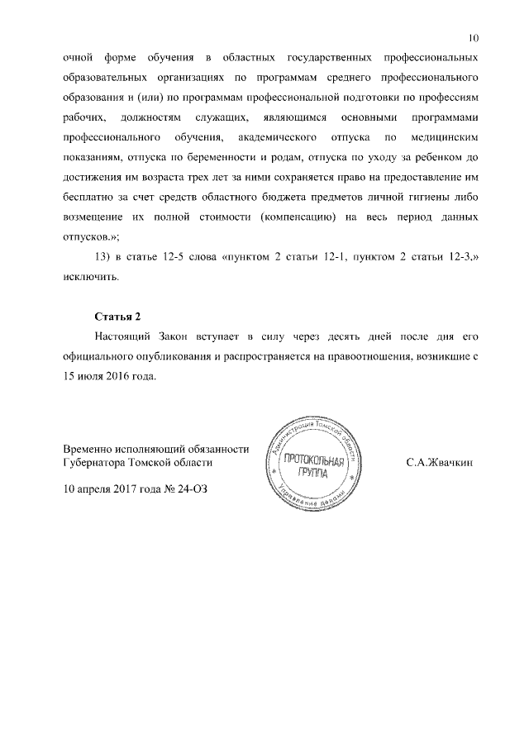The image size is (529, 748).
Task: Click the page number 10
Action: coord(473,38)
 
